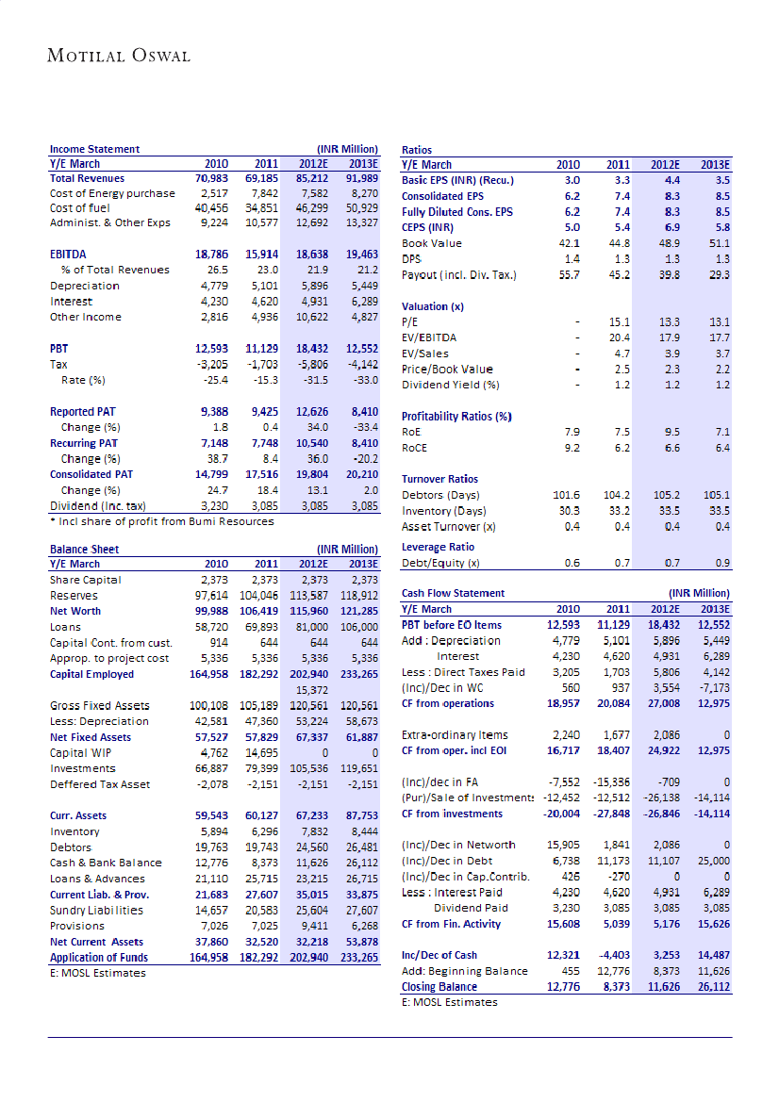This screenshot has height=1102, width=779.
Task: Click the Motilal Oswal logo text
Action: click(119, 55)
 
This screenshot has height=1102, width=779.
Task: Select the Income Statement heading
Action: click(94, 149)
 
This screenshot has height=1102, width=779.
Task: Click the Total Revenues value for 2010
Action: click(209, 177)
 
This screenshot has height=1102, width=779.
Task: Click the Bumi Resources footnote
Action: click(161, 521)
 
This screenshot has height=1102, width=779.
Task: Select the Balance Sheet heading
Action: click(84, 548)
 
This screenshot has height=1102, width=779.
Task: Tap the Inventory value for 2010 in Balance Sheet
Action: click(209, 831)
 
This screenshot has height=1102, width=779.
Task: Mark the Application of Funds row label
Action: click(98, 957)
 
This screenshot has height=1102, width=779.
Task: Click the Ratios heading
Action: click(417, 149)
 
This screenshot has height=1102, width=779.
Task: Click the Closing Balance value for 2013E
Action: click(714, 986)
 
